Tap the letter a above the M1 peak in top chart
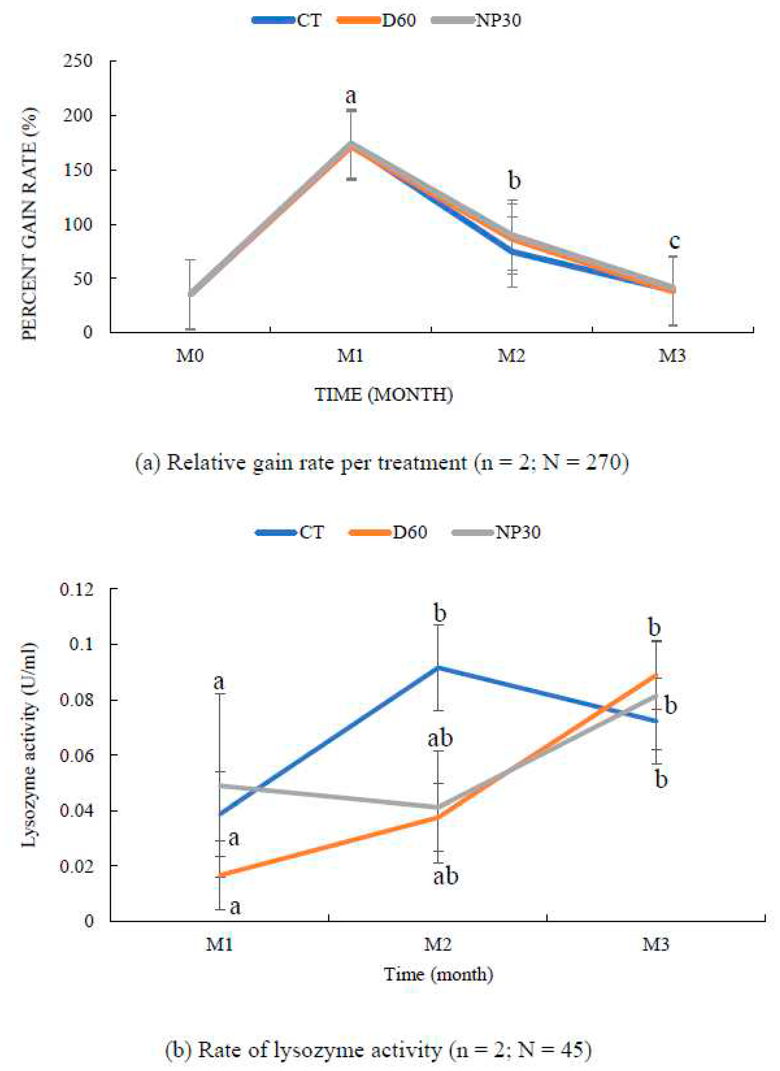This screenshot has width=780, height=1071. coord(350,96)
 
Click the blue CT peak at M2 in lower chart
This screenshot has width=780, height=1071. coord(438,667)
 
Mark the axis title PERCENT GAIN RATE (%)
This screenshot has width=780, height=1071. coord(29,224)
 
